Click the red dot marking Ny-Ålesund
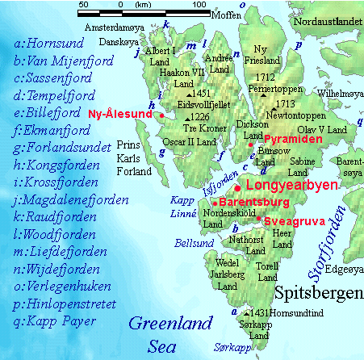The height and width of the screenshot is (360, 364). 162,115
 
